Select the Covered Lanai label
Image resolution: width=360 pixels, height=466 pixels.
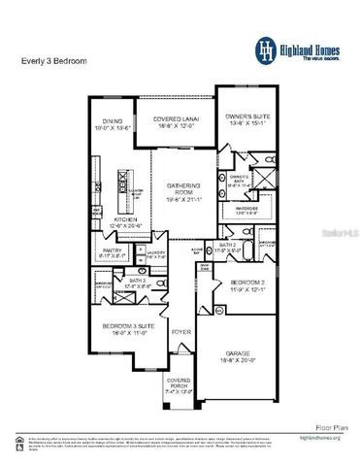tap(178, 120)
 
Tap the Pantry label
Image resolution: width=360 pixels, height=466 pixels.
tap(110, 252)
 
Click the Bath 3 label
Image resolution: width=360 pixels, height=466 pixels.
tap(136, 284)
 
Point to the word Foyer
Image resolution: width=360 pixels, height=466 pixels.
tap(181, 333)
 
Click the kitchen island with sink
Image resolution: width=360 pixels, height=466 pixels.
tap(122, 187)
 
